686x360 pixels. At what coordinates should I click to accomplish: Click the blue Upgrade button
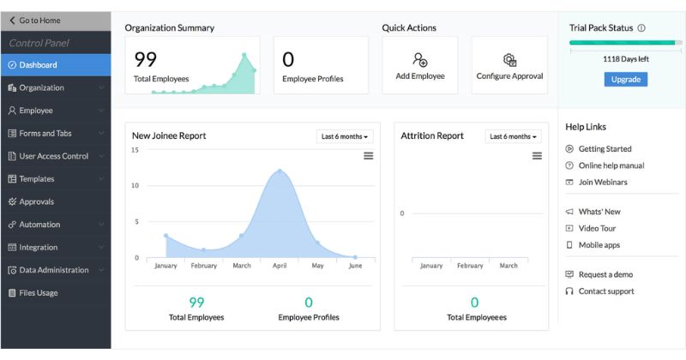(626, 79)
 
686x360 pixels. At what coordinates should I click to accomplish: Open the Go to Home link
(35, 21)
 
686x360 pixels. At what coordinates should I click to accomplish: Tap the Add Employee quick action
(420, 65)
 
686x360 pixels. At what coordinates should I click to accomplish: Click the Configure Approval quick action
(509, 65)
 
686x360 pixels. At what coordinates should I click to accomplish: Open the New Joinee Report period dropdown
(345, 136)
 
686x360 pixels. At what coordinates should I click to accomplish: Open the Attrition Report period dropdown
(513, 136)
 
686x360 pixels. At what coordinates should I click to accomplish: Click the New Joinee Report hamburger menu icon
(369, 156)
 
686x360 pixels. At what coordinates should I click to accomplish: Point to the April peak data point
(280, 171)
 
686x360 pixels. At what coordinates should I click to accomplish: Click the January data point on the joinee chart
(165, 236)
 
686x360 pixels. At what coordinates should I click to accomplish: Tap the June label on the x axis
(355, 266)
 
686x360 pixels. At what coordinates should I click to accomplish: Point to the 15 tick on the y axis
(135, 150)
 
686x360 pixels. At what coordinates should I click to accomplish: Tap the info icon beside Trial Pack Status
(641, 28)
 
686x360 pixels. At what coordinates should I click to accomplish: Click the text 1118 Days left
(626, 59)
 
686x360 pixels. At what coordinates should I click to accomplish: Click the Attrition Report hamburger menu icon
(537, 156)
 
